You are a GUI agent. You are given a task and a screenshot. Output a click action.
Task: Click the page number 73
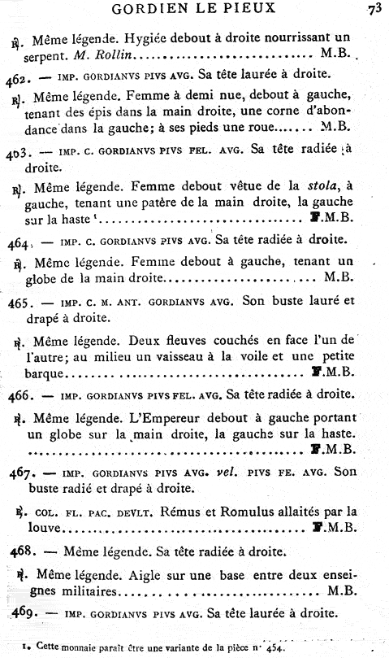tap(374, 10)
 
